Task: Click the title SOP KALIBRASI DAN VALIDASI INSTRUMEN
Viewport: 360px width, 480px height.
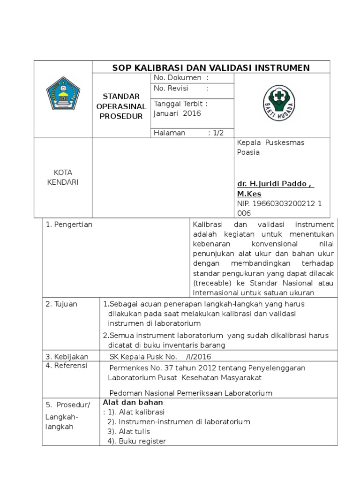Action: coord(211,67)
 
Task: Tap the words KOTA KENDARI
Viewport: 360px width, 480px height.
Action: coord(63,177)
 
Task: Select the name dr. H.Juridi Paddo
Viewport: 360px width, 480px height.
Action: coord(275,184)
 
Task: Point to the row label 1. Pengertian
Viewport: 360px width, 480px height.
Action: coord(69,225)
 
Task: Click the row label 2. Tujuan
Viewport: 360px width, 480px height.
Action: coord(61,304)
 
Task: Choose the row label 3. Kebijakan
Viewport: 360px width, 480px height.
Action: coord(67,356)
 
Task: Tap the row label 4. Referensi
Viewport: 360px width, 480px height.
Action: coord(67,366)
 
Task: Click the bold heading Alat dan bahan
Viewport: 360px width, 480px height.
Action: coord(133,402)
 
